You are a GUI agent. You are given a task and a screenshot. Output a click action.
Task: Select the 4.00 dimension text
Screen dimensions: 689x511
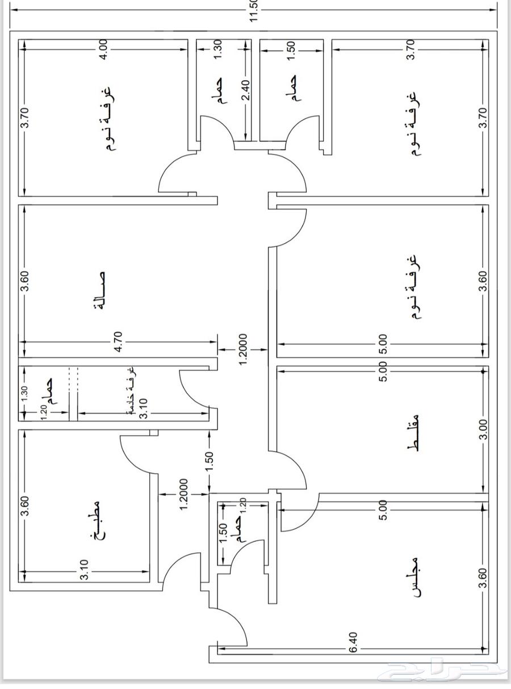pyautogui.click(x=103, y=51)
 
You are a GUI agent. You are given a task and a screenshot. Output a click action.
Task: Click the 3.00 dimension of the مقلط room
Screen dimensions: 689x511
pyautogui.click(x=483, y=429)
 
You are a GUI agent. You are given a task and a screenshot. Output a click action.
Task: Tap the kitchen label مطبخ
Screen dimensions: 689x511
pyautogui.click(x=94, y=519)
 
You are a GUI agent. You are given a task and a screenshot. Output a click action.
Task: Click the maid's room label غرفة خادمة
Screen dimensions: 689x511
pyautogui.click(x=131, y=392)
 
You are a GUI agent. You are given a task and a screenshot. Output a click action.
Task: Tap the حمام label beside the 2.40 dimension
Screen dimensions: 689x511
pyautogui.click(x=220, y=90)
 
